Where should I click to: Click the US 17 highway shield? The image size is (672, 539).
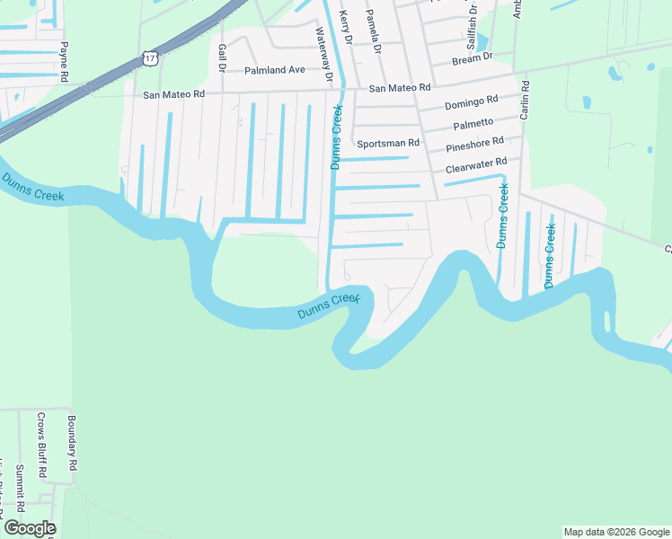149,57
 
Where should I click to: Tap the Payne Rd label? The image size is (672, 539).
64,57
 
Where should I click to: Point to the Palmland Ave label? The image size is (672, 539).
276,70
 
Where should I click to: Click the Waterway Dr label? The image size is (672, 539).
323,54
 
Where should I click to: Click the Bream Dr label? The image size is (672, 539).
473,57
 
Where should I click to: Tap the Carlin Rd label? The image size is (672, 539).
525,100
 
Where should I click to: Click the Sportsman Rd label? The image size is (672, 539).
388,143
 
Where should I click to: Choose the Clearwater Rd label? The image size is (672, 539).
477,165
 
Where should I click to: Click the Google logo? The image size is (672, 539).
29,528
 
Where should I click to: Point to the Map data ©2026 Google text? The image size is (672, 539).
616,532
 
